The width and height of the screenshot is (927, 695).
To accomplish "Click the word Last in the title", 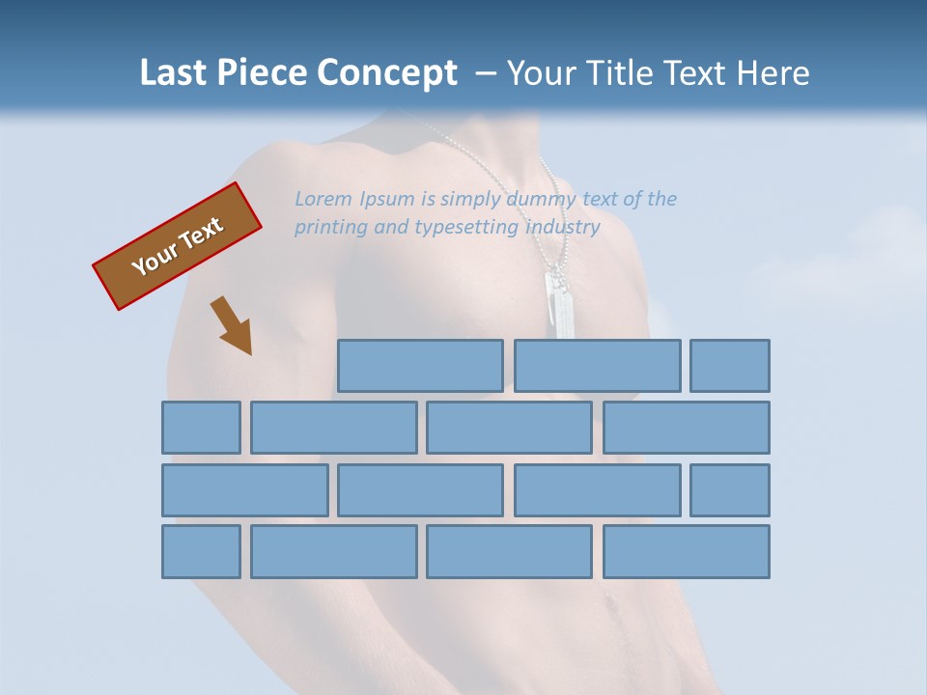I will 175,73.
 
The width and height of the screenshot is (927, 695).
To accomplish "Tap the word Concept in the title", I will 387,73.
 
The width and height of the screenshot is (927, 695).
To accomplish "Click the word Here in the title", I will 772,73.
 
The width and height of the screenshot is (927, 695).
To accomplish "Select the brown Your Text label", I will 177,246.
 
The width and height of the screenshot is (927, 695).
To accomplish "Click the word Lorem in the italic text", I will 323,199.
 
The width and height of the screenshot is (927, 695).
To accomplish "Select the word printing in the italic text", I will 330,228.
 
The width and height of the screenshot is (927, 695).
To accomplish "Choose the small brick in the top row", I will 730,366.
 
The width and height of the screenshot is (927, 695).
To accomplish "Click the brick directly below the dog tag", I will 597,366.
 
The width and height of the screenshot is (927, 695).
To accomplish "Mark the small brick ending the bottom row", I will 201,551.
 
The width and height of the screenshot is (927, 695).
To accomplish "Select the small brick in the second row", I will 201,428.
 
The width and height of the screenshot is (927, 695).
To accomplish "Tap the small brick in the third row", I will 730,489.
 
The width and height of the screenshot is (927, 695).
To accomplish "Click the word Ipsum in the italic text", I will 385,199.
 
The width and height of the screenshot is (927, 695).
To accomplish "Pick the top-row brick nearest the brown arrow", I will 420,366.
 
